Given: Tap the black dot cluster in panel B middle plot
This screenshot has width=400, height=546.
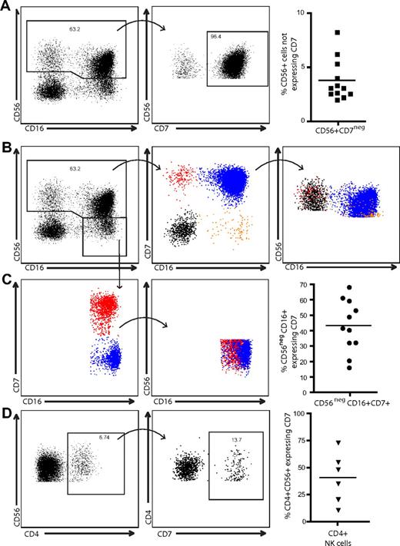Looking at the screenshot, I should click(x=182, y=228).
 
